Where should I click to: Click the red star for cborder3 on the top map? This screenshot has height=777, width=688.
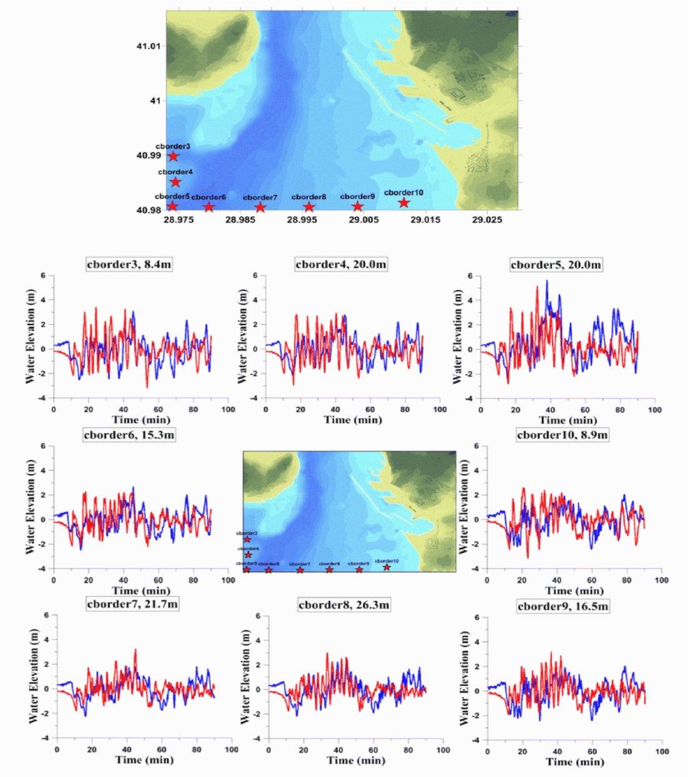[x=173, y=156]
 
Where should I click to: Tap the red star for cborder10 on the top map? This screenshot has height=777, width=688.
[x=404, y=202]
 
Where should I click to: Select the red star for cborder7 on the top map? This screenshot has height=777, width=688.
[x=260, y=207]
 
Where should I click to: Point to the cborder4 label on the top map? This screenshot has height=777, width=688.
[x=175, y=172]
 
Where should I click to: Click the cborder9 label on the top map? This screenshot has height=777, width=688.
[x=357, y=197]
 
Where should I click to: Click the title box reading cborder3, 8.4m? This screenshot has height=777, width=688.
[x=129, y=264]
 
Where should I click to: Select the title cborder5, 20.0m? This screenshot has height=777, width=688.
[x=556, y=265]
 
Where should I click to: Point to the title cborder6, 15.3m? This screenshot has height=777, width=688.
[x=129, y=434]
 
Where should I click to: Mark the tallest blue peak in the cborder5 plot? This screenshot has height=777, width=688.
[x=547, y=281]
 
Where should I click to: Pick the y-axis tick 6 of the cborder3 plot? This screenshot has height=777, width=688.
[x=43, y=275]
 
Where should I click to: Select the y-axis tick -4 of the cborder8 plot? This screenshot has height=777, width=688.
[x=257, y=738]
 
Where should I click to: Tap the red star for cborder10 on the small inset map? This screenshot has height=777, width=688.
[x=387, y=567]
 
